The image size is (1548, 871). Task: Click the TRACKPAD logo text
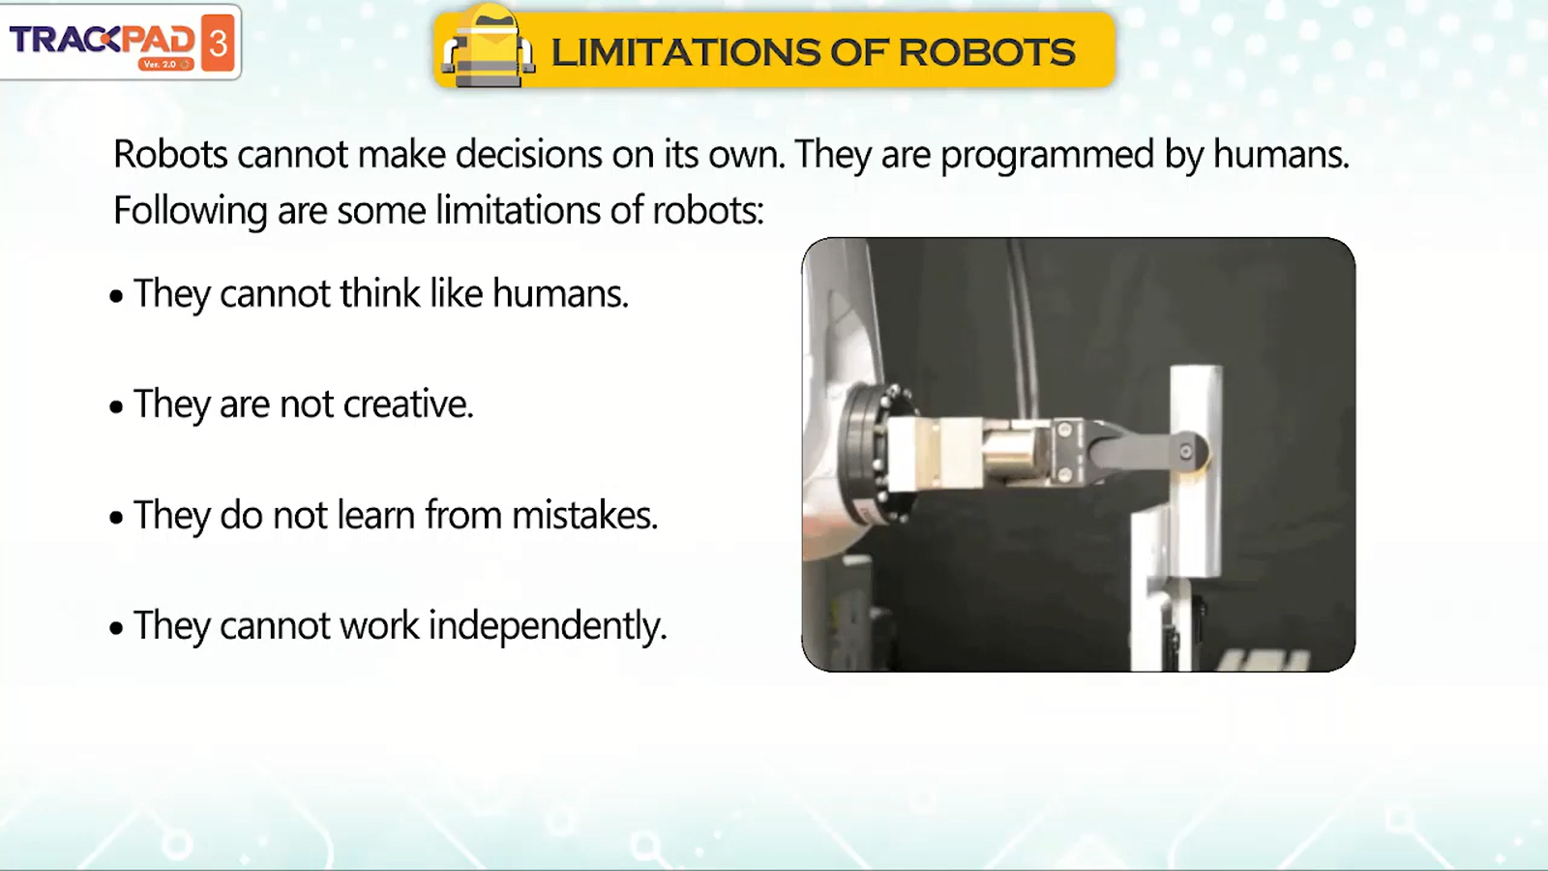point(103,40)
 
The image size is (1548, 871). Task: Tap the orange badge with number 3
point(218,43)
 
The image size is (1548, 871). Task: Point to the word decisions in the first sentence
point(528,154)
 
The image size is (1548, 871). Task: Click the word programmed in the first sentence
point(1047,156)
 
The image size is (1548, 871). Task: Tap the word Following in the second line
point(190,212)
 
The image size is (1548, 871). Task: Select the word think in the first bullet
point(380,293)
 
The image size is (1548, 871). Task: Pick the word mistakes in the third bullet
point(584,515)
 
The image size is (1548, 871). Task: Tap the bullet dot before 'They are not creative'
point(116,406)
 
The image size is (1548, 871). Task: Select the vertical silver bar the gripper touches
point(1195,471)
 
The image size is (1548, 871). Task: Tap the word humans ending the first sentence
point(1281,154)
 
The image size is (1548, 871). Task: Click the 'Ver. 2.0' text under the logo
point(160,64)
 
